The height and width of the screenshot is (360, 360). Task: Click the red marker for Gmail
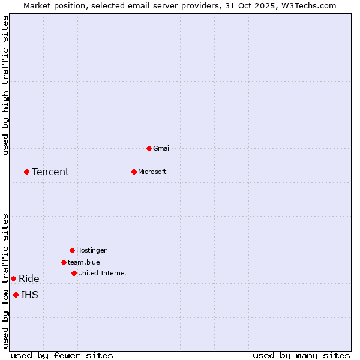[149, 148]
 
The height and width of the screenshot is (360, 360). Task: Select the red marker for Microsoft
[134, 172]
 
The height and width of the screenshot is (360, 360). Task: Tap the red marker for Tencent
[26, 172]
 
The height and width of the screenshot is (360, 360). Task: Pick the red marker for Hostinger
[72, 250]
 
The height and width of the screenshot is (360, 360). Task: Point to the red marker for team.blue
[64, 262]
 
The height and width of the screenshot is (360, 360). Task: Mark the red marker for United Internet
[74, 273]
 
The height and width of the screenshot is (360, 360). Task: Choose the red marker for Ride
[13, 278]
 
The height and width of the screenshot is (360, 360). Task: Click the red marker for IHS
[16, 295]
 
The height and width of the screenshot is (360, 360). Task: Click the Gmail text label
[162, 148]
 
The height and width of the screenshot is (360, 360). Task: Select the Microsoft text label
[152, 172]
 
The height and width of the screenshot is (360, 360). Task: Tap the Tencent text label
[50, 172]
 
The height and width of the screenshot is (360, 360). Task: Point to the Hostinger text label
[91, 250]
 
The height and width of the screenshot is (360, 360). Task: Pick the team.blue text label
[84, 262]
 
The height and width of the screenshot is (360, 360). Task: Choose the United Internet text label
[103, 273]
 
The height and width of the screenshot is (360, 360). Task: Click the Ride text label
[29, 278]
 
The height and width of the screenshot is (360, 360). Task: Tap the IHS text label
[30, 295]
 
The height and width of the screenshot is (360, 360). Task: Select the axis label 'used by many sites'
[301, 355]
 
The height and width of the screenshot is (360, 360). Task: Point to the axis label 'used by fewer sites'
[62, 355]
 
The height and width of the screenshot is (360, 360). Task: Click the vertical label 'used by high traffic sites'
[5, 85]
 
